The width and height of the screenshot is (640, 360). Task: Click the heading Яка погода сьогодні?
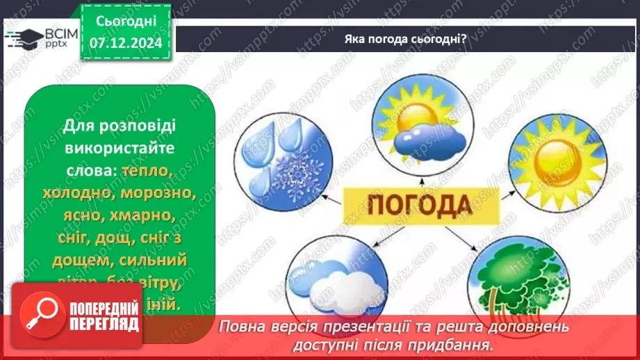[x=405, y=38]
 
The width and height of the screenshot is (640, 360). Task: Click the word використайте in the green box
[x=120, y=149]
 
